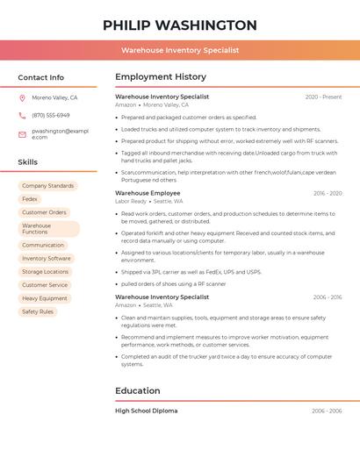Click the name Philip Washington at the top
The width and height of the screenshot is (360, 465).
tap(180, 25)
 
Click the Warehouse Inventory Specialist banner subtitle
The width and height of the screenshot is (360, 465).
tap(180, 51)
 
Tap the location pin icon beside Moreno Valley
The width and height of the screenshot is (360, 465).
tap(22, 97)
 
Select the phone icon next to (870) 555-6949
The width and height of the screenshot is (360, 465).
tap(22, 115)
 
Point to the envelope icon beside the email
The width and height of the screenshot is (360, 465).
tap(22, 134)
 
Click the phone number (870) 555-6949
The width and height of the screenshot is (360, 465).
tap(51, 115)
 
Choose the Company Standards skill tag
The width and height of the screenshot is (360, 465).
tap(47, 186)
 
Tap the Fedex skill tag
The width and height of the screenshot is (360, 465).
tap(30, 199)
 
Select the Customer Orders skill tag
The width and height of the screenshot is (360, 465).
tap(44, 212)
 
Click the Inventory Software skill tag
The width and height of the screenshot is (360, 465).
tap(47, 259)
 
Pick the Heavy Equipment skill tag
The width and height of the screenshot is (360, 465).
tap(45, 298)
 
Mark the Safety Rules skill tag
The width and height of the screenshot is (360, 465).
tap(38, 311)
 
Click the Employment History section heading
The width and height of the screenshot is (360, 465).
tap(161, 77)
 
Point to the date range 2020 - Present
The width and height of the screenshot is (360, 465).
tap(323, 97)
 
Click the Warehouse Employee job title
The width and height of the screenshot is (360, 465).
tap(148, 193)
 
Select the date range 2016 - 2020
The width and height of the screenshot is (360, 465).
tap(327, 193)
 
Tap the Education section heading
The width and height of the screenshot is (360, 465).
tap(138, 390)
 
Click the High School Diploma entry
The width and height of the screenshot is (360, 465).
tap(146, 411)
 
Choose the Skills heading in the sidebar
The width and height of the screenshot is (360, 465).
tap(28, 162)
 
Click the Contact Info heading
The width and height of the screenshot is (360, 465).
tap(41, 77)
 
